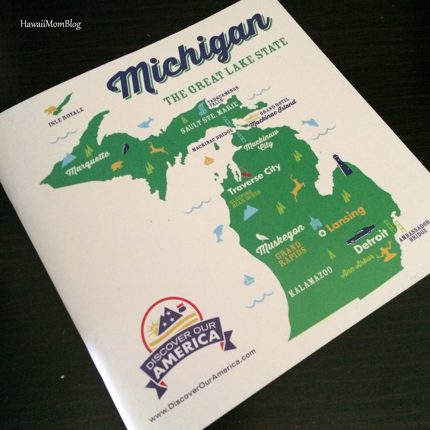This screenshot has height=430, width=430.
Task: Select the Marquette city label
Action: coord(88,163)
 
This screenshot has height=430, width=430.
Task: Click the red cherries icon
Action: coord(245,172)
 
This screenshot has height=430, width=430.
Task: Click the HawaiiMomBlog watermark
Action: coord(50,24)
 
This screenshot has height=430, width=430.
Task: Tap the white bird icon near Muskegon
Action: coord(259,236)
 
